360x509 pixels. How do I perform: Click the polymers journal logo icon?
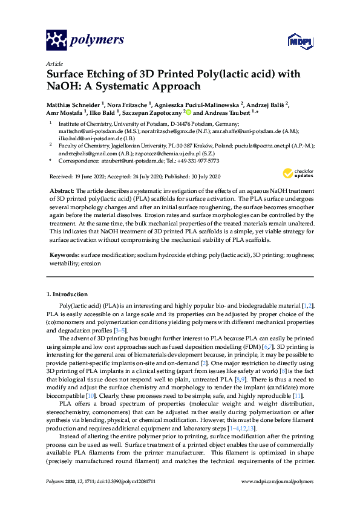pos(57,41)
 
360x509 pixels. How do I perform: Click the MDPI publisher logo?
pos(295,41)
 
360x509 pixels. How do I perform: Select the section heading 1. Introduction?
pos(68,294)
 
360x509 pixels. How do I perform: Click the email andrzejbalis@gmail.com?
pos(81,154)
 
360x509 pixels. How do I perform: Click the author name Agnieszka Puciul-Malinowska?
pos(199,104)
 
